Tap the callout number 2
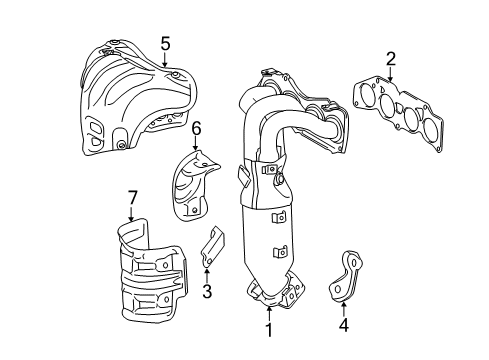[x=391, y=58]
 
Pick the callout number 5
[x=165, y=43]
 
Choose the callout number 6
[x=197, y=128]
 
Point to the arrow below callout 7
[x=131, y=212]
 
